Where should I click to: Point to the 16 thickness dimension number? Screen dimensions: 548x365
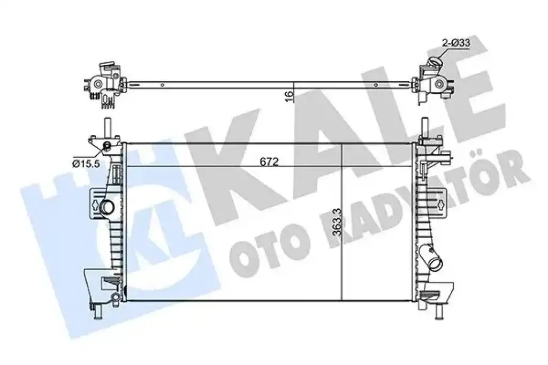click(288, 95)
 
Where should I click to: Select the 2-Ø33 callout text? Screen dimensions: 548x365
click(456, 43)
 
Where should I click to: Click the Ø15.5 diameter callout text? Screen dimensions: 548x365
click(86, 163)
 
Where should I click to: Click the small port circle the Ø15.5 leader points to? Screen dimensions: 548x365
click(106, 146)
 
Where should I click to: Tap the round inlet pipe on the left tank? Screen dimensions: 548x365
click(106, 207)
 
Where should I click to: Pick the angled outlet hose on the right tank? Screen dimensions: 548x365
click(432, 258)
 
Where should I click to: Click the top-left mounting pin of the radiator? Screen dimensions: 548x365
click(106, 127)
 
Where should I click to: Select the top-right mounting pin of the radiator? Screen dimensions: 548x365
click(425, 127)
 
